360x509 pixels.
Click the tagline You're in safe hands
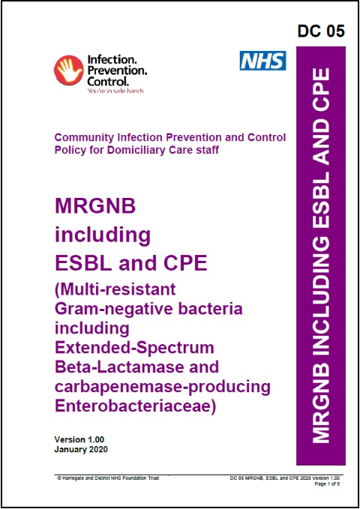[x=116, y=91]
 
